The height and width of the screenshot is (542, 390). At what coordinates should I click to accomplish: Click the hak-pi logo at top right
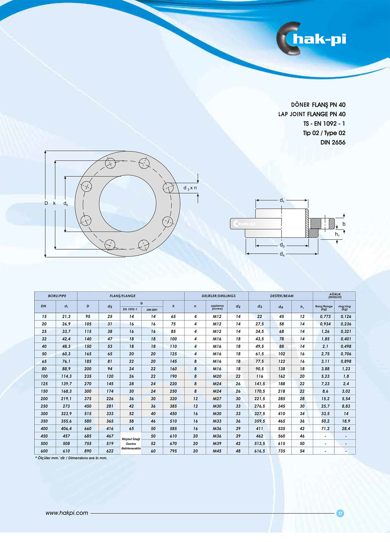[x=311, y=39]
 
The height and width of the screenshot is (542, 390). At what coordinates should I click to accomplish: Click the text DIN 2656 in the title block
[x=333, y=142]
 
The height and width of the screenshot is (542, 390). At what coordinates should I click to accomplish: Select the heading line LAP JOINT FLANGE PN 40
[x=312, y=114]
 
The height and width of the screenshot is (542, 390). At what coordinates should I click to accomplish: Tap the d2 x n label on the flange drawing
[x=190, y=188]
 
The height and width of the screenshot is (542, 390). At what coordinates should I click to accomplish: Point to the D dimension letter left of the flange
[x=46, y=203]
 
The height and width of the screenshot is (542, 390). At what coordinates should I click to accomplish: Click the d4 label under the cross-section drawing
[x=282, y=254]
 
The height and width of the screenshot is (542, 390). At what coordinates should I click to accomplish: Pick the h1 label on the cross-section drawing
[x=337, y=234]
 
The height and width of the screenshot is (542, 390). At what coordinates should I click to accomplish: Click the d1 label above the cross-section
[x=282, y=200]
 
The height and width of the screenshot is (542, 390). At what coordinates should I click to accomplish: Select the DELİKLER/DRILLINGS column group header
[x=218, y=296]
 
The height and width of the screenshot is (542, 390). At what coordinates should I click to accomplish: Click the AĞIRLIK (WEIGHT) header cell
[x=335, y=296]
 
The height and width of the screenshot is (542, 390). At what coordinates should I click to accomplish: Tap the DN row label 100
[x=44, y=376]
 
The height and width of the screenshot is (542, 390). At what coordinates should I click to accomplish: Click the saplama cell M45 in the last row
[x=217, y=451]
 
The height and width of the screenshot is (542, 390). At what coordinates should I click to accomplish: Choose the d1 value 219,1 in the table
[x=66, y=399]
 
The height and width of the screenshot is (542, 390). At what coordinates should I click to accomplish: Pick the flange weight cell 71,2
[x=325, y=428]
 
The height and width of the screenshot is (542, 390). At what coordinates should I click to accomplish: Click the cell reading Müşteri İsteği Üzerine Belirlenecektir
[x=131, y=444]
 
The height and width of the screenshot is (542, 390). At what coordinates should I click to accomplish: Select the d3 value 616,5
[x=259, y=451]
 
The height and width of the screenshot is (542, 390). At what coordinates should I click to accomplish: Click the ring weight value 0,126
[x=346, y=316]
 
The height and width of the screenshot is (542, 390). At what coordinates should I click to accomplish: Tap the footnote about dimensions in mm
[x=71, y=458]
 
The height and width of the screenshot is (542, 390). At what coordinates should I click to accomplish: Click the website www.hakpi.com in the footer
[x=67, y=513]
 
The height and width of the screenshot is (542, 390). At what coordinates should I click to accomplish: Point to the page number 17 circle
[x=340, y=513]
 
